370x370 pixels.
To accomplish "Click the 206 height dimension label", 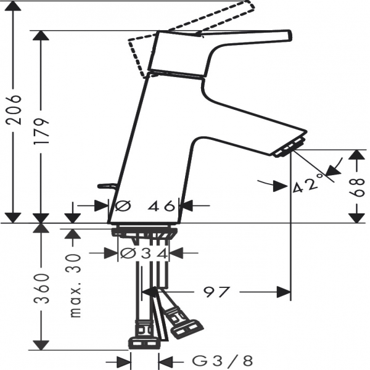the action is (x=14, y=110).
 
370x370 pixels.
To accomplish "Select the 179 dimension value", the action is (x=41, y=131).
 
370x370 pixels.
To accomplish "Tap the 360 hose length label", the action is (x=41, y=289).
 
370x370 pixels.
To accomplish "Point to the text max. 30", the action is (x=75, y=286).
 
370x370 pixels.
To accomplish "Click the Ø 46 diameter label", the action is (x=145, y=206).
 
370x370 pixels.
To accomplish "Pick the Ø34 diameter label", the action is (x=144, y=253).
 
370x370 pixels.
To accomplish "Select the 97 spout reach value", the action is (x=216, y=292).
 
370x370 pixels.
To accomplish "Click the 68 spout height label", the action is (x=357, y=187).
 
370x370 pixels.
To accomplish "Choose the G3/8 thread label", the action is (x=222, y=361).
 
